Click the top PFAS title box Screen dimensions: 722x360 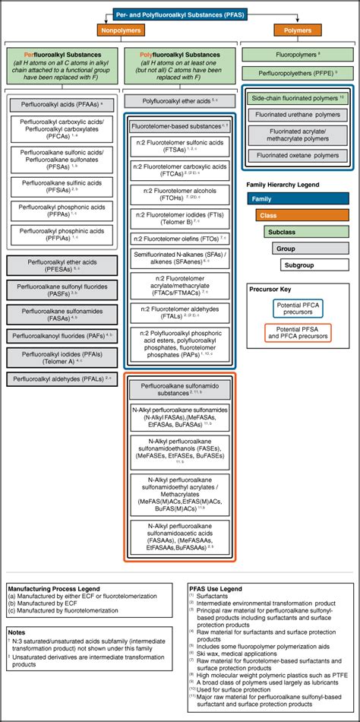180,14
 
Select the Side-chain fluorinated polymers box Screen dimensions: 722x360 298,98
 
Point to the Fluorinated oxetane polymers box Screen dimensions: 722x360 298,156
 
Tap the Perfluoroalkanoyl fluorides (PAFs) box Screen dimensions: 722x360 60,334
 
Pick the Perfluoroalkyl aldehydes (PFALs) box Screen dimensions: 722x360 60,378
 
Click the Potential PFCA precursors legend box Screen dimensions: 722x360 298,308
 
